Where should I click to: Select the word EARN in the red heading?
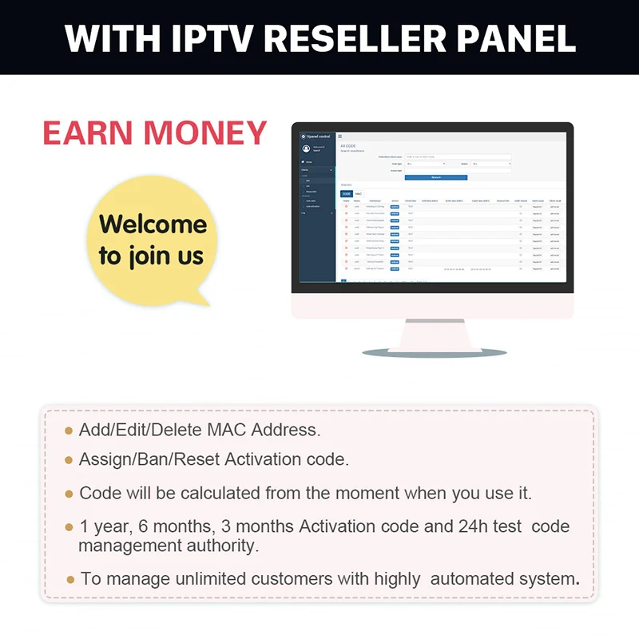[x=88, y=133]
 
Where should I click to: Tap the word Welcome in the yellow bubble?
[x=153, y=224]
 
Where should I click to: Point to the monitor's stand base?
[x=435, y=350]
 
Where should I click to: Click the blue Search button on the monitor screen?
[x=435, y=177]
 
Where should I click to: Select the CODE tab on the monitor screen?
[x=346, y=194]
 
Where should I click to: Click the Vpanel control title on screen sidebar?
[x=318, y=137]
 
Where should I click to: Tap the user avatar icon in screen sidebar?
[x=306, y=149]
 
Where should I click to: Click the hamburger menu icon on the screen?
[x=339, y=137]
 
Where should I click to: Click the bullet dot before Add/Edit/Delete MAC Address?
[x=69, y=431]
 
